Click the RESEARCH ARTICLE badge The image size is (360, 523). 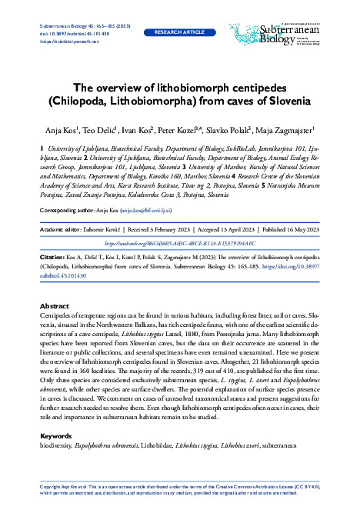click(179, 33)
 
